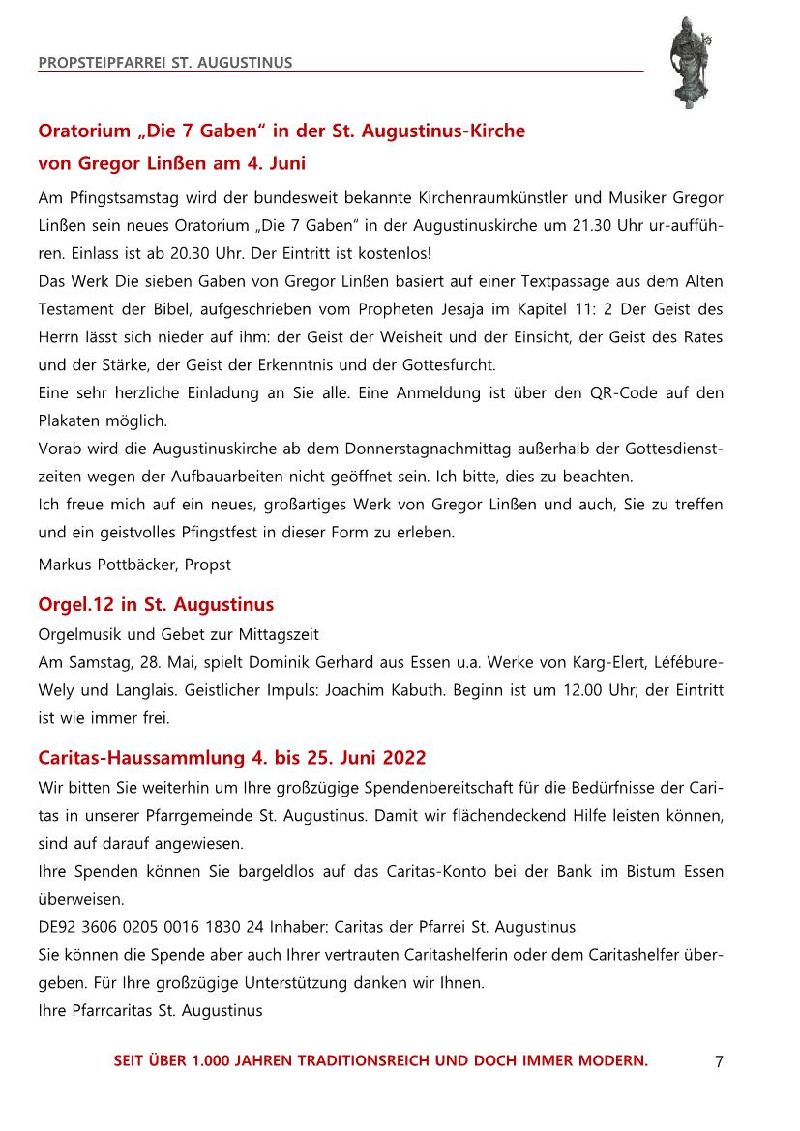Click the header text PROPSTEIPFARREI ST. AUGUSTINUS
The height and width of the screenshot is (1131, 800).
pos(165,64)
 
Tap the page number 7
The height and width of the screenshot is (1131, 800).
pos(719,1062)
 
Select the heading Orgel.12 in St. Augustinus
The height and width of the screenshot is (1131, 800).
pos(156,605)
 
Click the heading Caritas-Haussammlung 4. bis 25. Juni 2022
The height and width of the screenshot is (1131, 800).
pos(231,756)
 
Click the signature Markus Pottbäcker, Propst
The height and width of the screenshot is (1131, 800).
pos(134,564)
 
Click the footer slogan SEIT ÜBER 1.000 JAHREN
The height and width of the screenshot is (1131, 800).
pos(381,1060)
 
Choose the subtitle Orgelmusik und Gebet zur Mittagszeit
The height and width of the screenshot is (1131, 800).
pos(178,634)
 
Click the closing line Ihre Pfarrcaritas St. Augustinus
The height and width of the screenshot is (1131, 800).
pos(150,1011)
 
